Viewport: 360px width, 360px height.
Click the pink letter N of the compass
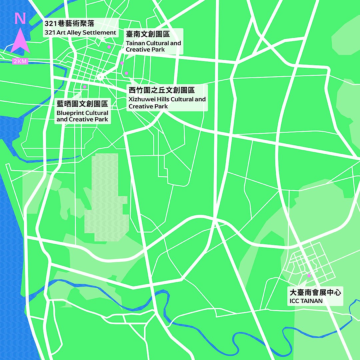(x=20, y=19)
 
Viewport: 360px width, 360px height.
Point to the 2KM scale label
(x=20, y=61)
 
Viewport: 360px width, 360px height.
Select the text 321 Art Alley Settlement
(x=80, y=33)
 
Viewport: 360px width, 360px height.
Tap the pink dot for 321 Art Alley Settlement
(x=109, y=47)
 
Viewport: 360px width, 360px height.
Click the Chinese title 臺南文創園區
(x=148, y=34)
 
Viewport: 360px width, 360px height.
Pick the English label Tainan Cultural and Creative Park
(x=153, y=46)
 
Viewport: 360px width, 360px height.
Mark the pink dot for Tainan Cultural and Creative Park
(x=122, y=63)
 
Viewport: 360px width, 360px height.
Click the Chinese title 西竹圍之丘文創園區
(x=161, y=90)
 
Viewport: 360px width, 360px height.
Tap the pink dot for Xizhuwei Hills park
(x=126, y=73)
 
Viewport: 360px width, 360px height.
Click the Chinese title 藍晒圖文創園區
(x=82, y=104)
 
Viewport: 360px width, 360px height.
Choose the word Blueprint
(x=70, y=113)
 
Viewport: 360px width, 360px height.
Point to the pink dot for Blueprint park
(x=85, y=87)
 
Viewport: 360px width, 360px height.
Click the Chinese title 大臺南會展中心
(x=315, y=293)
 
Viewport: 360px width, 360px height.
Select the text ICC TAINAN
(x=306, y=301)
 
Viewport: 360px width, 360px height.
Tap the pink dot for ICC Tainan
(x=309, y=276)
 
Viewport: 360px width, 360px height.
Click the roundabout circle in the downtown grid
(x=100, y=77)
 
